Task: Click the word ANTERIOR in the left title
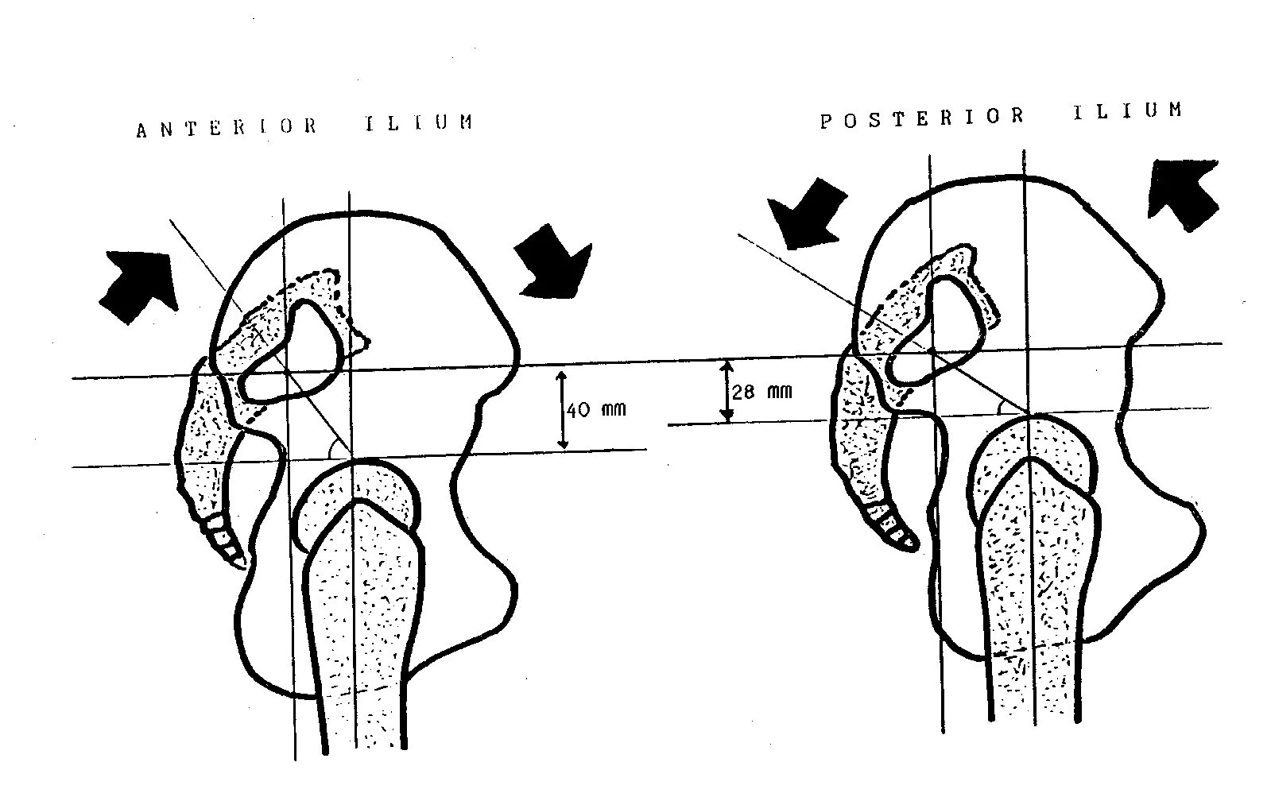pos(227,128)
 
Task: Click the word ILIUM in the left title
pos(419,122)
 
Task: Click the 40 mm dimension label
pos(596,410)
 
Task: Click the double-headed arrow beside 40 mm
pos(563,409)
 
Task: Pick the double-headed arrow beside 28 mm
pos(727,390)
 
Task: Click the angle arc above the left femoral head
pos(336,449)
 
